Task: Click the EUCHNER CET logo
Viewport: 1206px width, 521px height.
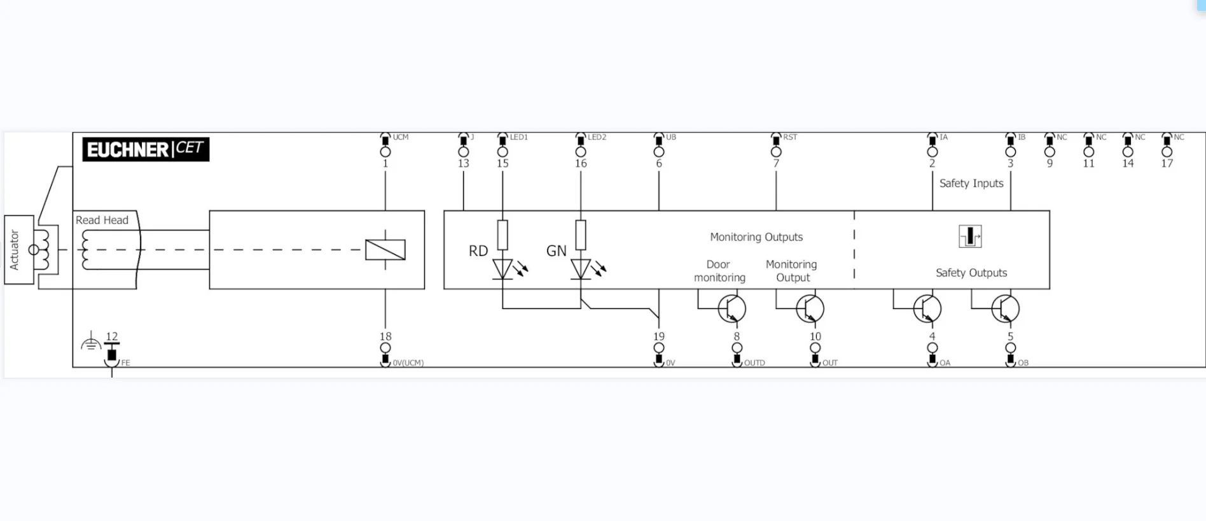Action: pyautogui.click(x=146, y=149)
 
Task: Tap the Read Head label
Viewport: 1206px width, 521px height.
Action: pyautogui.click(x=102, y=220)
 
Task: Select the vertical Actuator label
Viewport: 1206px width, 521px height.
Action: pyautogui.click(x=15, y=250)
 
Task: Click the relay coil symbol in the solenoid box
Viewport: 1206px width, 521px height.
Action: pyautogui.click(x=385, y=250)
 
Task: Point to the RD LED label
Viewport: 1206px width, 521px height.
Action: pyautogui.click(x=478, y=251)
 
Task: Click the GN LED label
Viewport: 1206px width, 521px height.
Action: pyautogui.click(x=556, y=251)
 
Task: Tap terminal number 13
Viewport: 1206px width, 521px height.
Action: pyautogui.click(x=463, y=164)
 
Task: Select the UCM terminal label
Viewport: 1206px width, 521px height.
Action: pyautogui.click(x=400, y=137)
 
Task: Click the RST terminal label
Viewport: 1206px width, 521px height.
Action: pyautogui.click(x=790, y=137)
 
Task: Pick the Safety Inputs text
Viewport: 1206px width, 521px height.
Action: pyautogui.click(x=971, y=183)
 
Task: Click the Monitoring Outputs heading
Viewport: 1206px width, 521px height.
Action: pyautogui.click(x=756, y=237)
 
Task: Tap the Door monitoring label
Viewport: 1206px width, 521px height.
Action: pyautogui.click(x=719, y=271)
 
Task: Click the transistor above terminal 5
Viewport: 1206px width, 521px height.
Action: pyautogui.click(x=1004, y=309)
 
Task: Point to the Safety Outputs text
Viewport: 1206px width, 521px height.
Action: pyautogui.click(x=971, y=273)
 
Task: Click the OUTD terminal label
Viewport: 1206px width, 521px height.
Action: pyautogui.click(x=754, y=363)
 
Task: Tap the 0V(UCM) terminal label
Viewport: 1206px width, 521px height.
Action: pyautogui.click(x=408, y=363)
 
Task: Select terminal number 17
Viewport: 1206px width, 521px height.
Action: pyautogui.click(x=1167, y=164)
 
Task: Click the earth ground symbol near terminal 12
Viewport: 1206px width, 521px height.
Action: pyautogui.click(x=91, y=343)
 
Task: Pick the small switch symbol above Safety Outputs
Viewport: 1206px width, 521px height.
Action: pyautogui.click(x=970, y=236)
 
